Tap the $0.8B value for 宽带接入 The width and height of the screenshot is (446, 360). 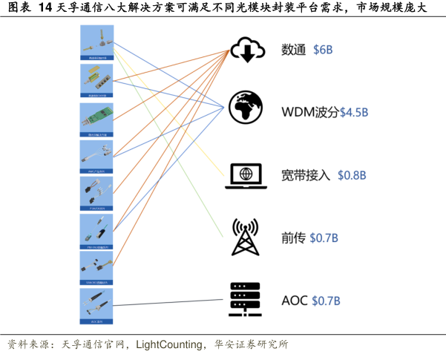tap(352, 175)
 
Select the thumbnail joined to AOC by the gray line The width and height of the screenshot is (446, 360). tap(96, 305)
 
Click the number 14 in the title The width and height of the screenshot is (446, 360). tap(44, 9)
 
